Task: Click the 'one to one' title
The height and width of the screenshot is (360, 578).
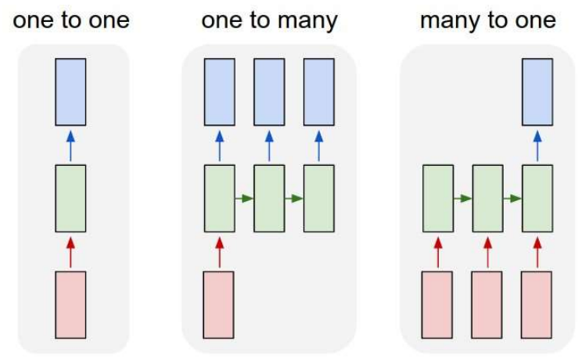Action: [x=70, y=20]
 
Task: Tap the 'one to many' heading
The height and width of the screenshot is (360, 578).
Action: [x=269, y=20]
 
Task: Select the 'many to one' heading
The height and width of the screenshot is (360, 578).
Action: [x=488, y=20]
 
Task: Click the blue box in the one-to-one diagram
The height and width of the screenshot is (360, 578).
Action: [x=70, y=92]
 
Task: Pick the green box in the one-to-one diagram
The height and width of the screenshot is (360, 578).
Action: [x=70, y=198]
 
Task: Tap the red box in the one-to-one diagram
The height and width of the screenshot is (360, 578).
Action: [x=70, y=304]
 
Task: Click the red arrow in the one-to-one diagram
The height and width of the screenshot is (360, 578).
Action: [x=70, y=251]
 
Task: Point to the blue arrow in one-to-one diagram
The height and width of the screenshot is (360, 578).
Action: [x=70, y=145]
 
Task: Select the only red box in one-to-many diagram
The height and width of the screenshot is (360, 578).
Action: [x=219, y=304]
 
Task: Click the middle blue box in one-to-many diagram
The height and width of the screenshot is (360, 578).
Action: [x=269, y=92]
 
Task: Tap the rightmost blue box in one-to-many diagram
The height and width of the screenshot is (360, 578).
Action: [x=318, y=92]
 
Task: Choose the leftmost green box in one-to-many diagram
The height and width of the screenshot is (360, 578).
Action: [x=219, y=198]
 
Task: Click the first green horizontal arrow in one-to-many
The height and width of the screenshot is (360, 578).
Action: [x=244, y=198]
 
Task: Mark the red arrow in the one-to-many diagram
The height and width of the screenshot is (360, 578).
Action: [x=219, y=251]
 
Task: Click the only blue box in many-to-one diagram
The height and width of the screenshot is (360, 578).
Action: [x=537, y=92]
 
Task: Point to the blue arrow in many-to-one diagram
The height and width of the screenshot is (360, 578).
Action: [x=537, y=145]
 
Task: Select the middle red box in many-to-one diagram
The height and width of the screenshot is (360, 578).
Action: [x=487, y=304]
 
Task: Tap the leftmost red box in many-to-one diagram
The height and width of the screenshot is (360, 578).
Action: [x=438, y=304]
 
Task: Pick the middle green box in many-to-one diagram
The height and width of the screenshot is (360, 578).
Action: [x=487, y=198]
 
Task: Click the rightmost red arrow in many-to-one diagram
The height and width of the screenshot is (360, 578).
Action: [x=537, y=251]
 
